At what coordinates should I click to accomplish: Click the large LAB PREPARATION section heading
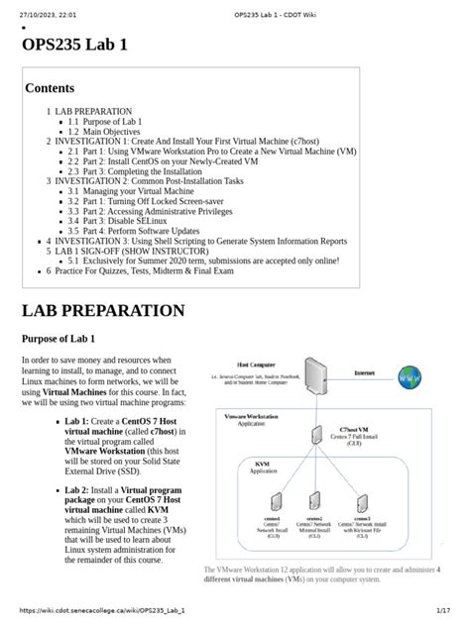tap(103, 310)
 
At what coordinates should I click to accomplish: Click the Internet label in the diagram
tap(370, 372)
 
